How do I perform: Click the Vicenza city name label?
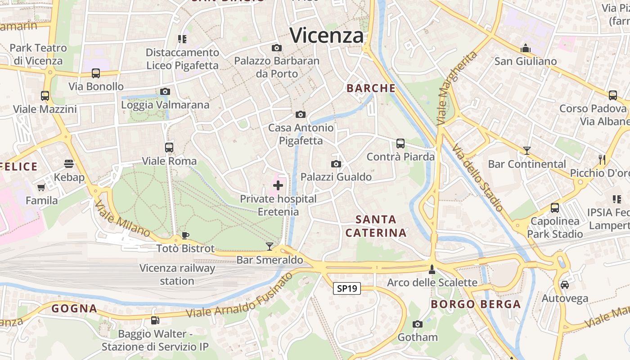327,35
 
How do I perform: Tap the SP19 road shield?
347,288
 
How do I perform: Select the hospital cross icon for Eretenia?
278,185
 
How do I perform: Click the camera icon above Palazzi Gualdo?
336,164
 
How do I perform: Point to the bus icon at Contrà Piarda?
400,144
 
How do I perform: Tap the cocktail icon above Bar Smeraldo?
270,246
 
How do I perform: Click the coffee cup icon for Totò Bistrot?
185,235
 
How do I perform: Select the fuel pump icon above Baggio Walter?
155,320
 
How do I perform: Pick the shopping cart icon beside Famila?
41,187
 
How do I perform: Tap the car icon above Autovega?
565,285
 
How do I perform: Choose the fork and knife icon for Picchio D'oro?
602,159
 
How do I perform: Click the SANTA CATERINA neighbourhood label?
376,226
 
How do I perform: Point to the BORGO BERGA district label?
476,304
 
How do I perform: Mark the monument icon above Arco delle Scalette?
432,269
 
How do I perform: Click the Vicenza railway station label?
177,274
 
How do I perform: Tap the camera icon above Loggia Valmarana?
165,92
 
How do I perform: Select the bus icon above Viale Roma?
169,147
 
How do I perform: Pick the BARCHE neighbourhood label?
371,88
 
